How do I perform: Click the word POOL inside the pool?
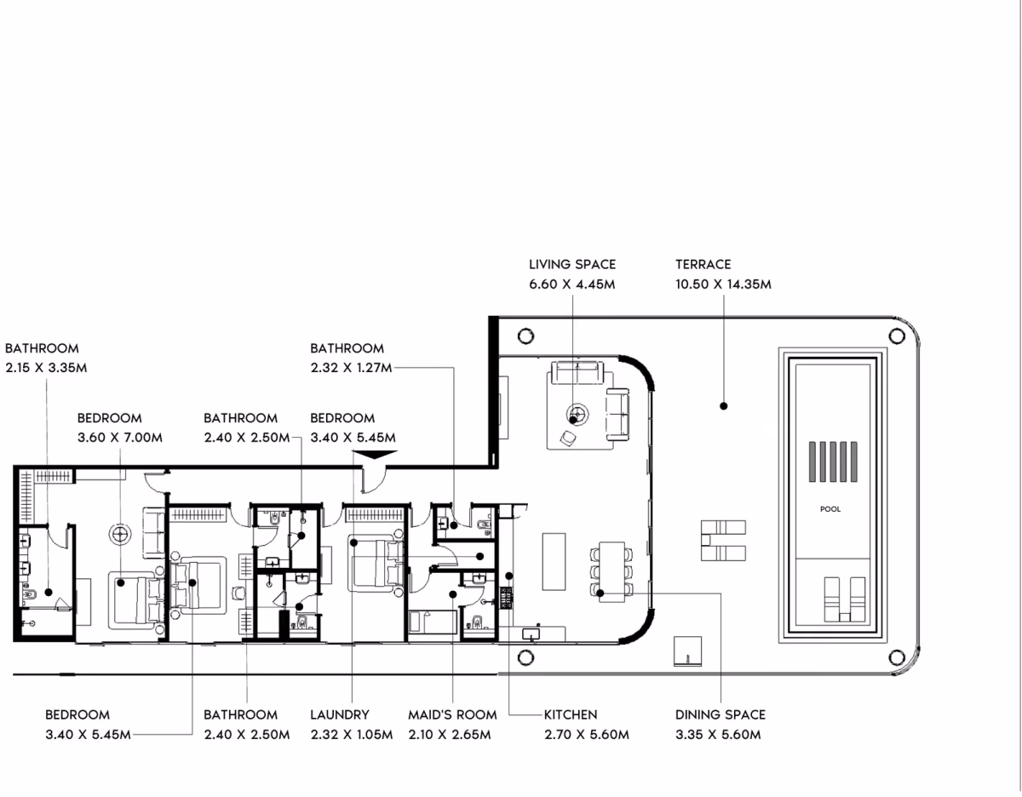(830, 508)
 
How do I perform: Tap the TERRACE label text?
(703, 265)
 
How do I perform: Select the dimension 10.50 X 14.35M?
(723, 284)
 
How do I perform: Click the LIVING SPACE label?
(572, 265)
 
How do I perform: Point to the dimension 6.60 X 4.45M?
(572, 284)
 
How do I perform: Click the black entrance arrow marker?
(375, 454)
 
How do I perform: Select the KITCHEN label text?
(571, 714)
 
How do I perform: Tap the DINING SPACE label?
(721, 714)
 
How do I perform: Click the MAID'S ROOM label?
(452, 714)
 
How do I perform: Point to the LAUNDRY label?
(340, 714)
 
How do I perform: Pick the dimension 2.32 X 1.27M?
(352, 368)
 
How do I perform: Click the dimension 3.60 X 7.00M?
(120, 438)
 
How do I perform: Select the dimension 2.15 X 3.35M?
(46, 368)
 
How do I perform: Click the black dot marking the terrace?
(724, 406)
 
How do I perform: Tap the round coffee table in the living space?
(577, 415)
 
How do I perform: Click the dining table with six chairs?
(611, 571)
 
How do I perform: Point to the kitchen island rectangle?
(554, 561)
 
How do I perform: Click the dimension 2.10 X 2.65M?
(450, 735)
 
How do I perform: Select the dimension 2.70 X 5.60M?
(587, 735)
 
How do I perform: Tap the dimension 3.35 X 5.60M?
(718, 735)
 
